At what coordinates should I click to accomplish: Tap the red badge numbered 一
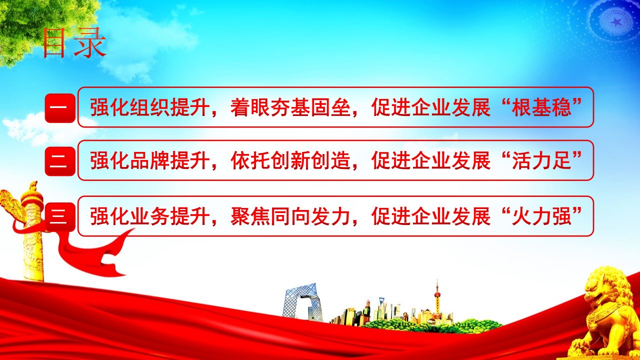(x=60, y=108)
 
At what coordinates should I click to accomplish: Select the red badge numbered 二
(x=60, y=161)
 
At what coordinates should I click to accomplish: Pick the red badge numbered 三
(x=60, y=216)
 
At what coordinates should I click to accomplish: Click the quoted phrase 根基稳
(x=541, y=107)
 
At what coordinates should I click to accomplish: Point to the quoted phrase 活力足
(x=541, y=160)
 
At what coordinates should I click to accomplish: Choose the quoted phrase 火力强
(x=541, y=216)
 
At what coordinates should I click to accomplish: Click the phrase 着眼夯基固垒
(x=290, y=107)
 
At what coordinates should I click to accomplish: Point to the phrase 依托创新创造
(x=290, y=160)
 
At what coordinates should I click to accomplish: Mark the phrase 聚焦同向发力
(x=290, y=216)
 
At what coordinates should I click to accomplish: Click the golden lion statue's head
(x=605, y=288)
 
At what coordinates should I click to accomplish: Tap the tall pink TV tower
(x=437, y=300)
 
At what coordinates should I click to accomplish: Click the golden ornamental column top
(x=31, y=197)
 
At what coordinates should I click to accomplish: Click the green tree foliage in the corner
(x=43, y=25)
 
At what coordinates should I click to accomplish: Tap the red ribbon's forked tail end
(x=114, y=265)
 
